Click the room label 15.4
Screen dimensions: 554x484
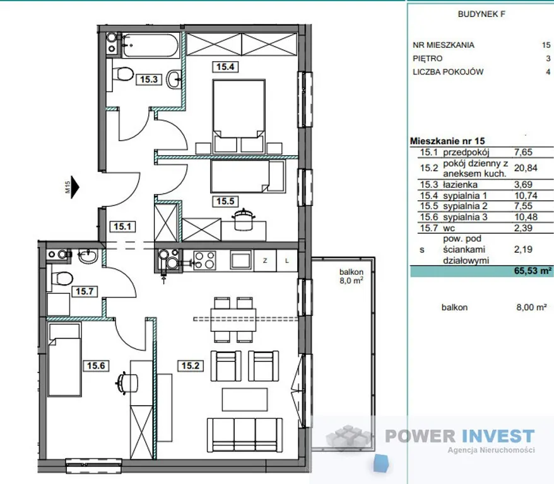coord(225,66)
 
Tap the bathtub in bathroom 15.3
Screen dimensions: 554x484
coord(151,45)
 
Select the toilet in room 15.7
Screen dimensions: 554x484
coord(61,278)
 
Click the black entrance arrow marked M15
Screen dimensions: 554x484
coord(75,187)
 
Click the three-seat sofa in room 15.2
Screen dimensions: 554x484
coord(245,435)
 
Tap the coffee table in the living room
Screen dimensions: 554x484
coord(244,400)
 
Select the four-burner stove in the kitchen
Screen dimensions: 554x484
coord(204,260)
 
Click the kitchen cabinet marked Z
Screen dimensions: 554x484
coord(265,260)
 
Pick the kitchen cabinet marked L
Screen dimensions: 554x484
coord(287,260)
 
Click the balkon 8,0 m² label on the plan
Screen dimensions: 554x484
coord(351,276)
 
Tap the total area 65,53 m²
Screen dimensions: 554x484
coord(533,270)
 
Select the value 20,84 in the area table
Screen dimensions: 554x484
coord(526,168)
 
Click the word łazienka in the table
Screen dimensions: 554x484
coord(460,185)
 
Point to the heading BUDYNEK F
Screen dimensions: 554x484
coord(481,14)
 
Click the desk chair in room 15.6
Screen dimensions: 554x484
coord(126,383)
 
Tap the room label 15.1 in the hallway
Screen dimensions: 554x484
coord(122,226)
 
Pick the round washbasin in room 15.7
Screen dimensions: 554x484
coord(88,256)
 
